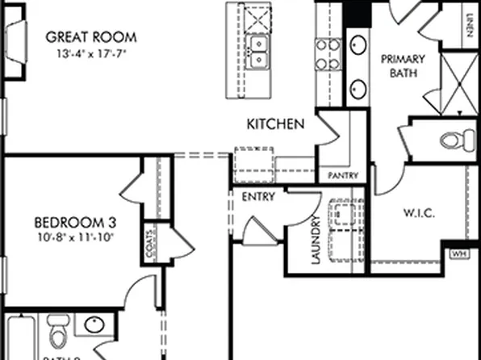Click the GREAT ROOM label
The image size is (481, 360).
(x=90, y=37)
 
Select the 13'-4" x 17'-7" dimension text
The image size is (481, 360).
(x=92, y=55)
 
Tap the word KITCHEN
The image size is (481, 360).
(x=275, y=124)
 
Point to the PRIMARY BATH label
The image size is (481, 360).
(x=396, y=66)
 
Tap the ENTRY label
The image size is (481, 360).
(x=258, y=196)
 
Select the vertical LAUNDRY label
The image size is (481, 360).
(x=316, y=240)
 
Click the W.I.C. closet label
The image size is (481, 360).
(x=419, y=214)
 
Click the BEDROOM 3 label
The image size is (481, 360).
(x=73, y=222)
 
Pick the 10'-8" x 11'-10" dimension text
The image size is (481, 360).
(x=75, y=237)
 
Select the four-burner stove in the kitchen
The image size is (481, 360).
(x=327, y=55)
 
